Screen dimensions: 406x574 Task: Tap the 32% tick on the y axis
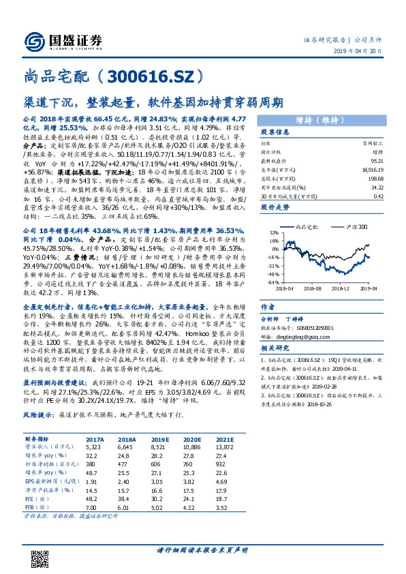pos(273,232)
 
